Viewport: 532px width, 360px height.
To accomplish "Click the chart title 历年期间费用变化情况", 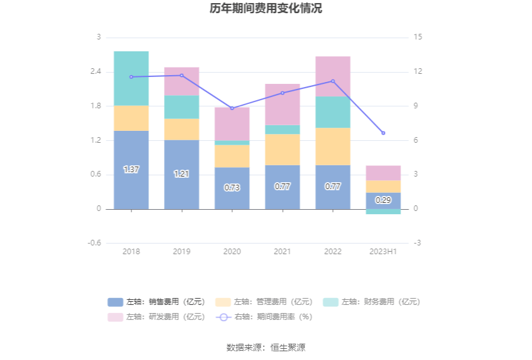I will pos(266,9).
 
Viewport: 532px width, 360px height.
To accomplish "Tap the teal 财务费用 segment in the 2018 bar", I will pos(131,78).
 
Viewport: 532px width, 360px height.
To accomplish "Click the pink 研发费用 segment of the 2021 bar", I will pos(282,105).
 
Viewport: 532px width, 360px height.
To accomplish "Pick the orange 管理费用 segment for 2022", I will pos(333,147).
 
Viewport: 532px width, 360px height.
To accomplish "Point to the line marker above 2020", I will pos(232,108).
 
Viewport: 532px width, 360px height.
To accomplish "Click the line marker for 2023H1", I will pos(383,133).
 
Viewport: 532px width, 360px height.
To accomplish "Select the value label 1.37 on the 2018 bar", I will pos(131,170).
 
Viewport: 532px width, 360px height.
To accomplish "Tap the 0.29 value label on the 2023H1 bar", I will pos(383,200).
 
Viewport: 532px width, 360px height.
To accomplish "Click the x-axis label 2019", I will pos(182,251).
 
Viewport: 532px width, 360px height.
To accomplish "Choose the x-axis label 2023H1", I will pos(383,251).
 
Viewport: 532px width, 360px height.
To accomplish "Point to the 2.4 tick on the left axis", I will pos(95,71).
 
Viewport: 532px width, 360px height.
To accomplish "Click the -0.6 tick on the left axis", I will pos(95,243).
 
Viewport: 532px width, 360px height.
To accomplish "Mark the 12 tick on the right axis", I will pos(418,71).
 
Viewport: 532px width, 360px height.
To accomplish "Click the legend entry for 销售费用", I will pos(156,302).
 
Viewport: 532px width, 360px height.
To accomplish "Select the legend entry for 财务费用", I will pos(372,302).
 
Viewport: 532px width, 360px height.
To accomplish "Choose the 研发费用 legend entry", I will pos(156,317).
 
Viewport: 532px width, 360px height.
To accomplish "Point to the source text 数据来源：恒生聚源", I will pos(266,347).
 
